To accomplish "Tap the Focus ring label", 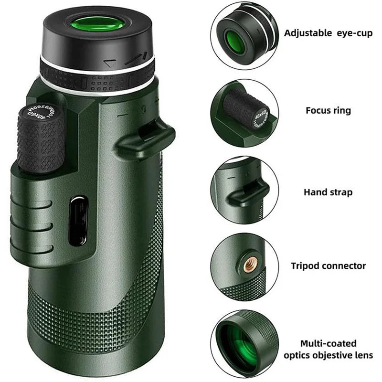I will pyautogui.click(x=328, y=110).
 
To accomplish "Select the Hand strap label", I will pyautogui.click(x=328, y=192).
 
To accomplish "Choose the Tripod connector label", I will pyautogui.click(x=328, y=265).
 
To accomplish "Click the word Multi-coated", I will pyautogui.click(x=328, y=343).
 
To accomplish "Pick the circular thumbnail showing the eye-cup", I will pyautogui.click(x=244, y=35).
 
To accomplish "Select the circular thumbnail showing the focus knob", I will pyautogui.click(x=244, y=113).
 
